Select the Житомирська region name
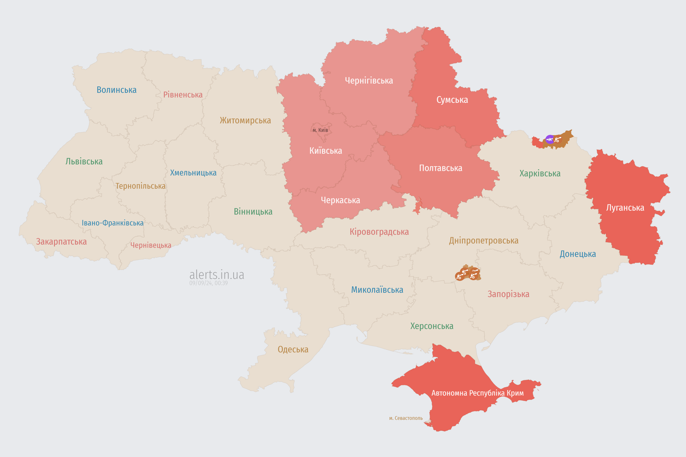click(245, 120)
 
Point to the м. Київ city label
click(320, 130)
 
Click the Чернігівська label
click(369, 81)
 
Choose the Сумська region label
click(452, 100)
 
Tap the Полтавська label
click(440, 168)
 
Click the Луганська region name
click(625, 208)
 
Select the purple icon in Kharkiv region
click(550, 139)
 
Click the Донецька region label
click(578, 254)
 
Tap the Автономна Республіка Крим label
click(478, 393)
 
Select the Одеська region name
click(293, 350)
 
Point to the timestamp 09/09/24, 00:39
click(208, 283)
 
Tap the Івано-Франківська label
click(113, 223)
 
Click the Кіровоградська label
click(379, 232)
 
